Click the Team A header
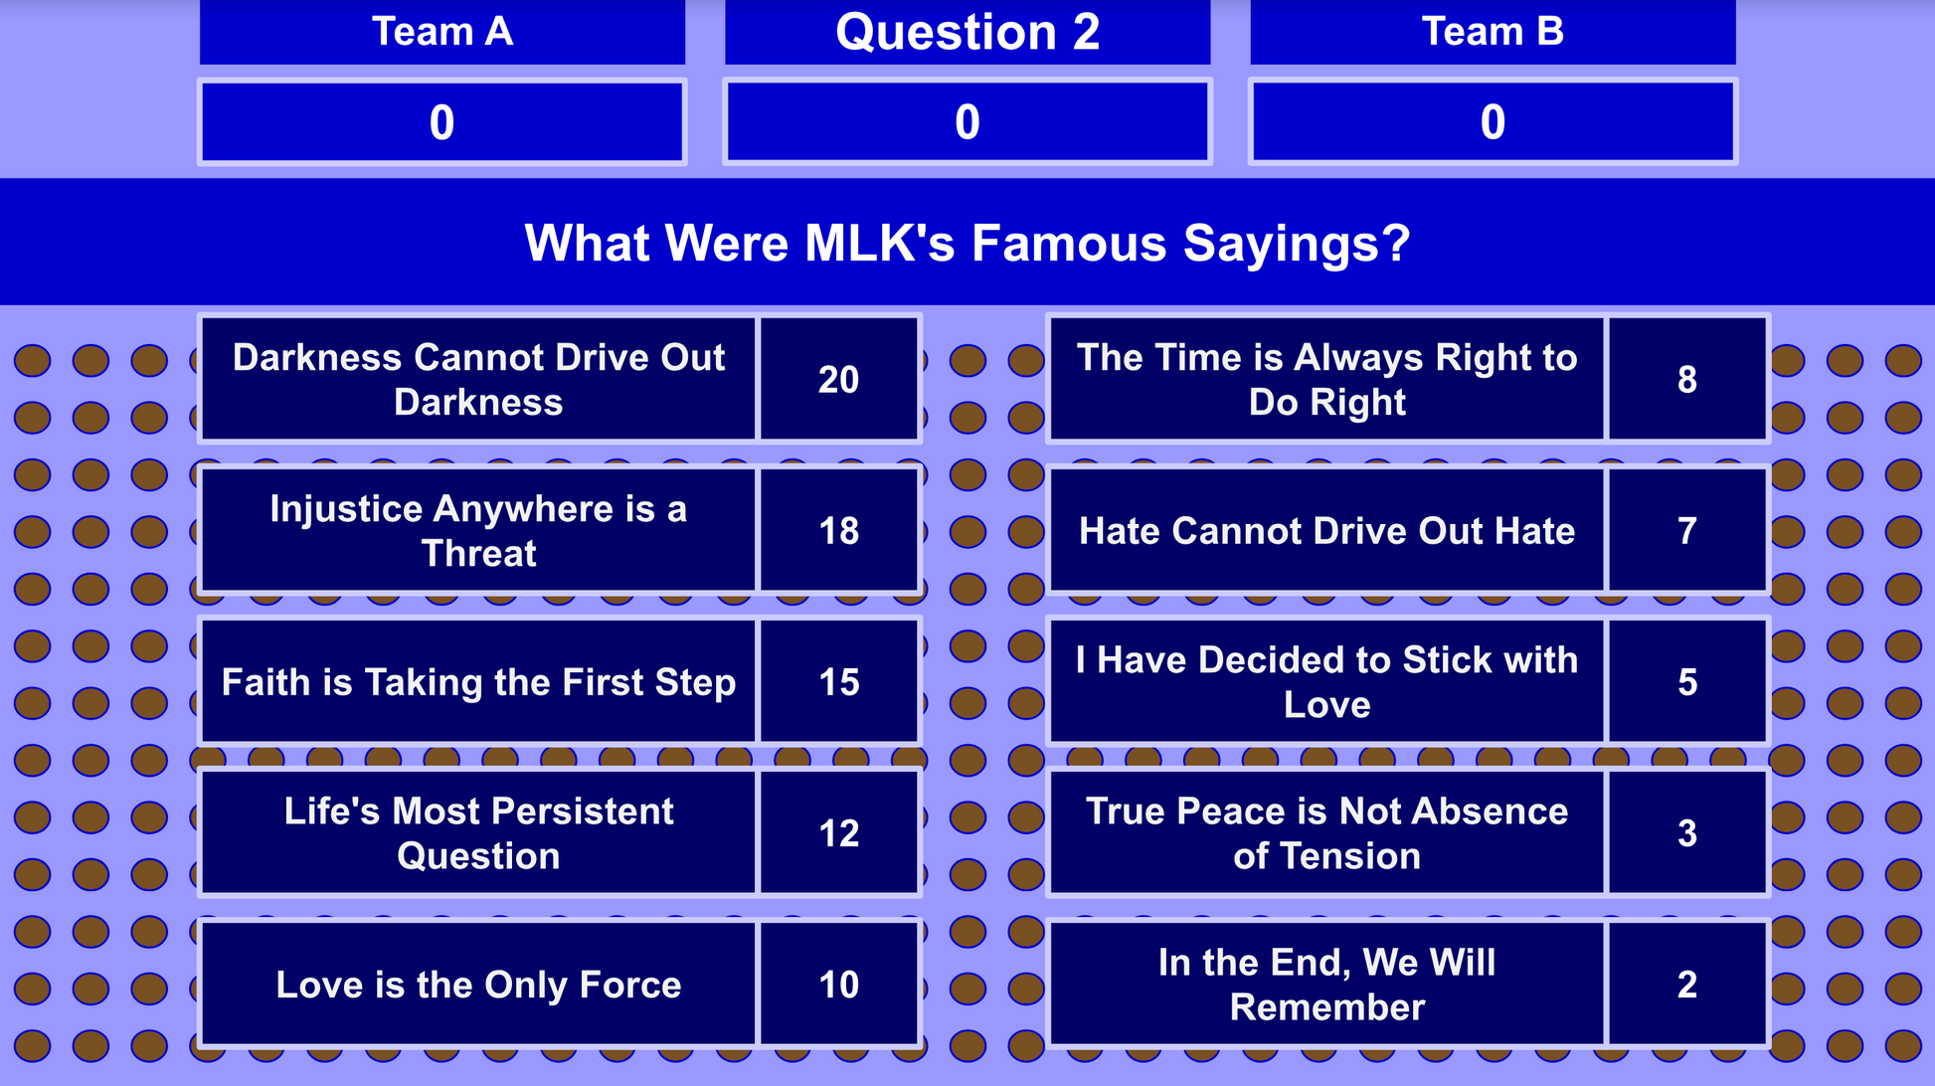[x=442, y=32]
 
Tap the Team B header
[x=1493, y=32]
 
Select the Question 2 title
[x=967, y=32]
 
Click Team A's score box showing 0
[x=442, y=122]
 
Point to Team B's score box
[x=1493, y=122]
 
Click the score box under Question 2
[x=967, y=122]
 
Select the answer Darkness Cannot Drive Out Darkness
[x=478, y=379]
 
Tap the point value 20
[x=839, y=379]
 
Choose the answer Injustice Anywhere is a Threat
[x=478, y=530]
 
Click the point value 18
[x=839, y=530]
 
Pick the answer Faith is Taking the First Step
[x=478, y=681]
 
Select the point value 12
[x=839, y=832]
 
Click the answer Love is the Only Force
[x=478, y=984]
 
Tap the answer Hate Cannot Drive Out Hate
[x=1326, y=530]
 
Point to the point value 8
[x=1687, y=379]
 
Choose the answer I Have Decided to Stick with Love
[x=1326, y=681]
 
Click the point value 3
[x=1687, y=832]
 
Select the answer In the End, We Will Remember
[x=1326, y=984]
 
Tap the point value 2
[x=1687, y=984]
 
